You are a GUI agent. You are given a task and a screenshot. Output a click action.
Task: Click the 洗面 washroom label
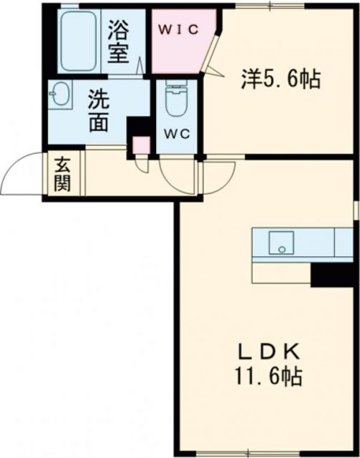click(99, 111)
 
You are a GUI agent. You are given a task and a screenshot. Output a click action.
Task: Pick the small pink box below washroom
click(141, 145)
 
